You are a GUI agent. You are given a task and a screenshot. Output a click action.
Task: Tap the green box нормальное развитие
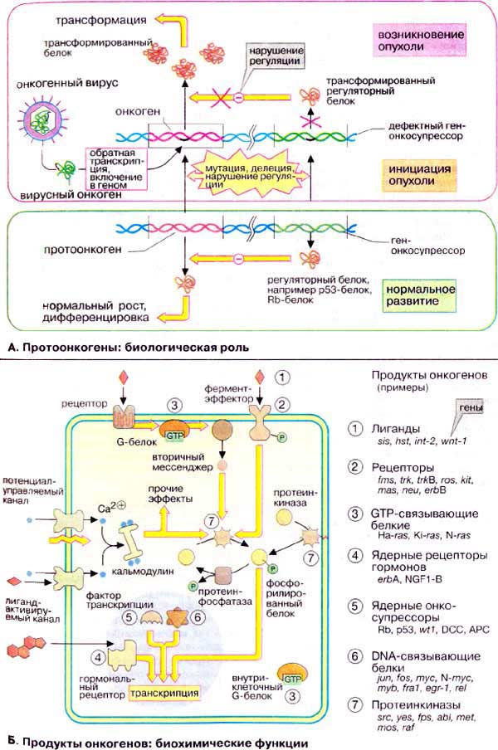[422, 295]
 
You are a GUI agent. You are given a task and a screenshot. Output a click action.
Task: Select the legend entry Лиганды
[393, 430]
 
